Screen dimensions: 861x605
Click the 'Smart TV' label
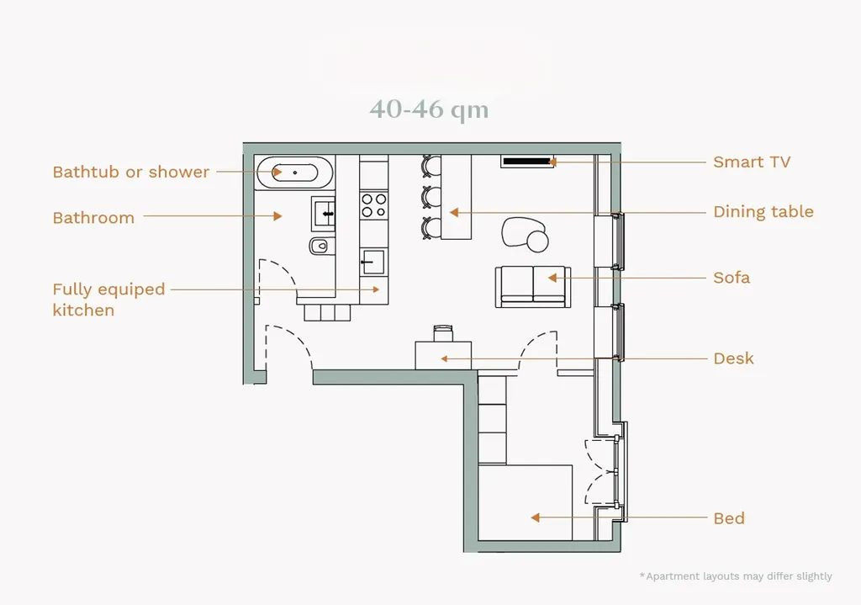tap(751, 162)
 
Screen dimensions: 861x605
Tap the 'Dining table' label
tap(763, 211)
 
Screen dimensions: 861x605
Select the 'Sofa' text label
tap(732, 278)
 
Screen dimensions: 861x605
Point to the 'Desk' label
tap(733, 358)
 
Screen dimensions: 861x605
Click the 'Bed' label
tap(729, 518)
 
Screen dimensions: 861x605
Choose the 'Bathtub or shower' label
tap(130, 172)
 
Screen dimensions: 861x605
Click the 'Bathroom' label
tap(93, 218)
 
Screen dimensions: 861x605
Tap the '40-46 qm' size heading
tap(429, 109)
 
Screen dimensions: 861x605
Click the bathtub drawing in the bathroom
tap(295, 172)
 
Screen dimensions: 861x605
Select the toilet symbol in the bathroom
tap(320, 246)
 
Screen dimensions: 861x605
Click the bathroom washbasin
tap(324, 213)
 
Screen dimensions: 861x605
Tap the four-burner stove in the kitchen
tap(374, 205)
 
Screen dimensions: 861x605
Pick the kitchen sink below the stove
tap(374, 263)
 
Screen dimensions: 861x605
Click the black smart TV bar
tap(527, 162)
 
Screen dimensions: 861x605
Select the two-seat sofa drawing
tap(533, 287)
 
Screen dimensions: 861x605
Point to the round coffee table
tap(537, 241)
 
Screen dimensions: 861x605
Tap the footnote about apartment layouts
tap(736, 576)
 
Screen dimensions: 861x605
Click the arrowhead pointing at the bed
tap(536, 517)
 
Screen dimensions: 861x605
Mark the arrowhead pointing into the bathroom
tap(277, 216)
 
